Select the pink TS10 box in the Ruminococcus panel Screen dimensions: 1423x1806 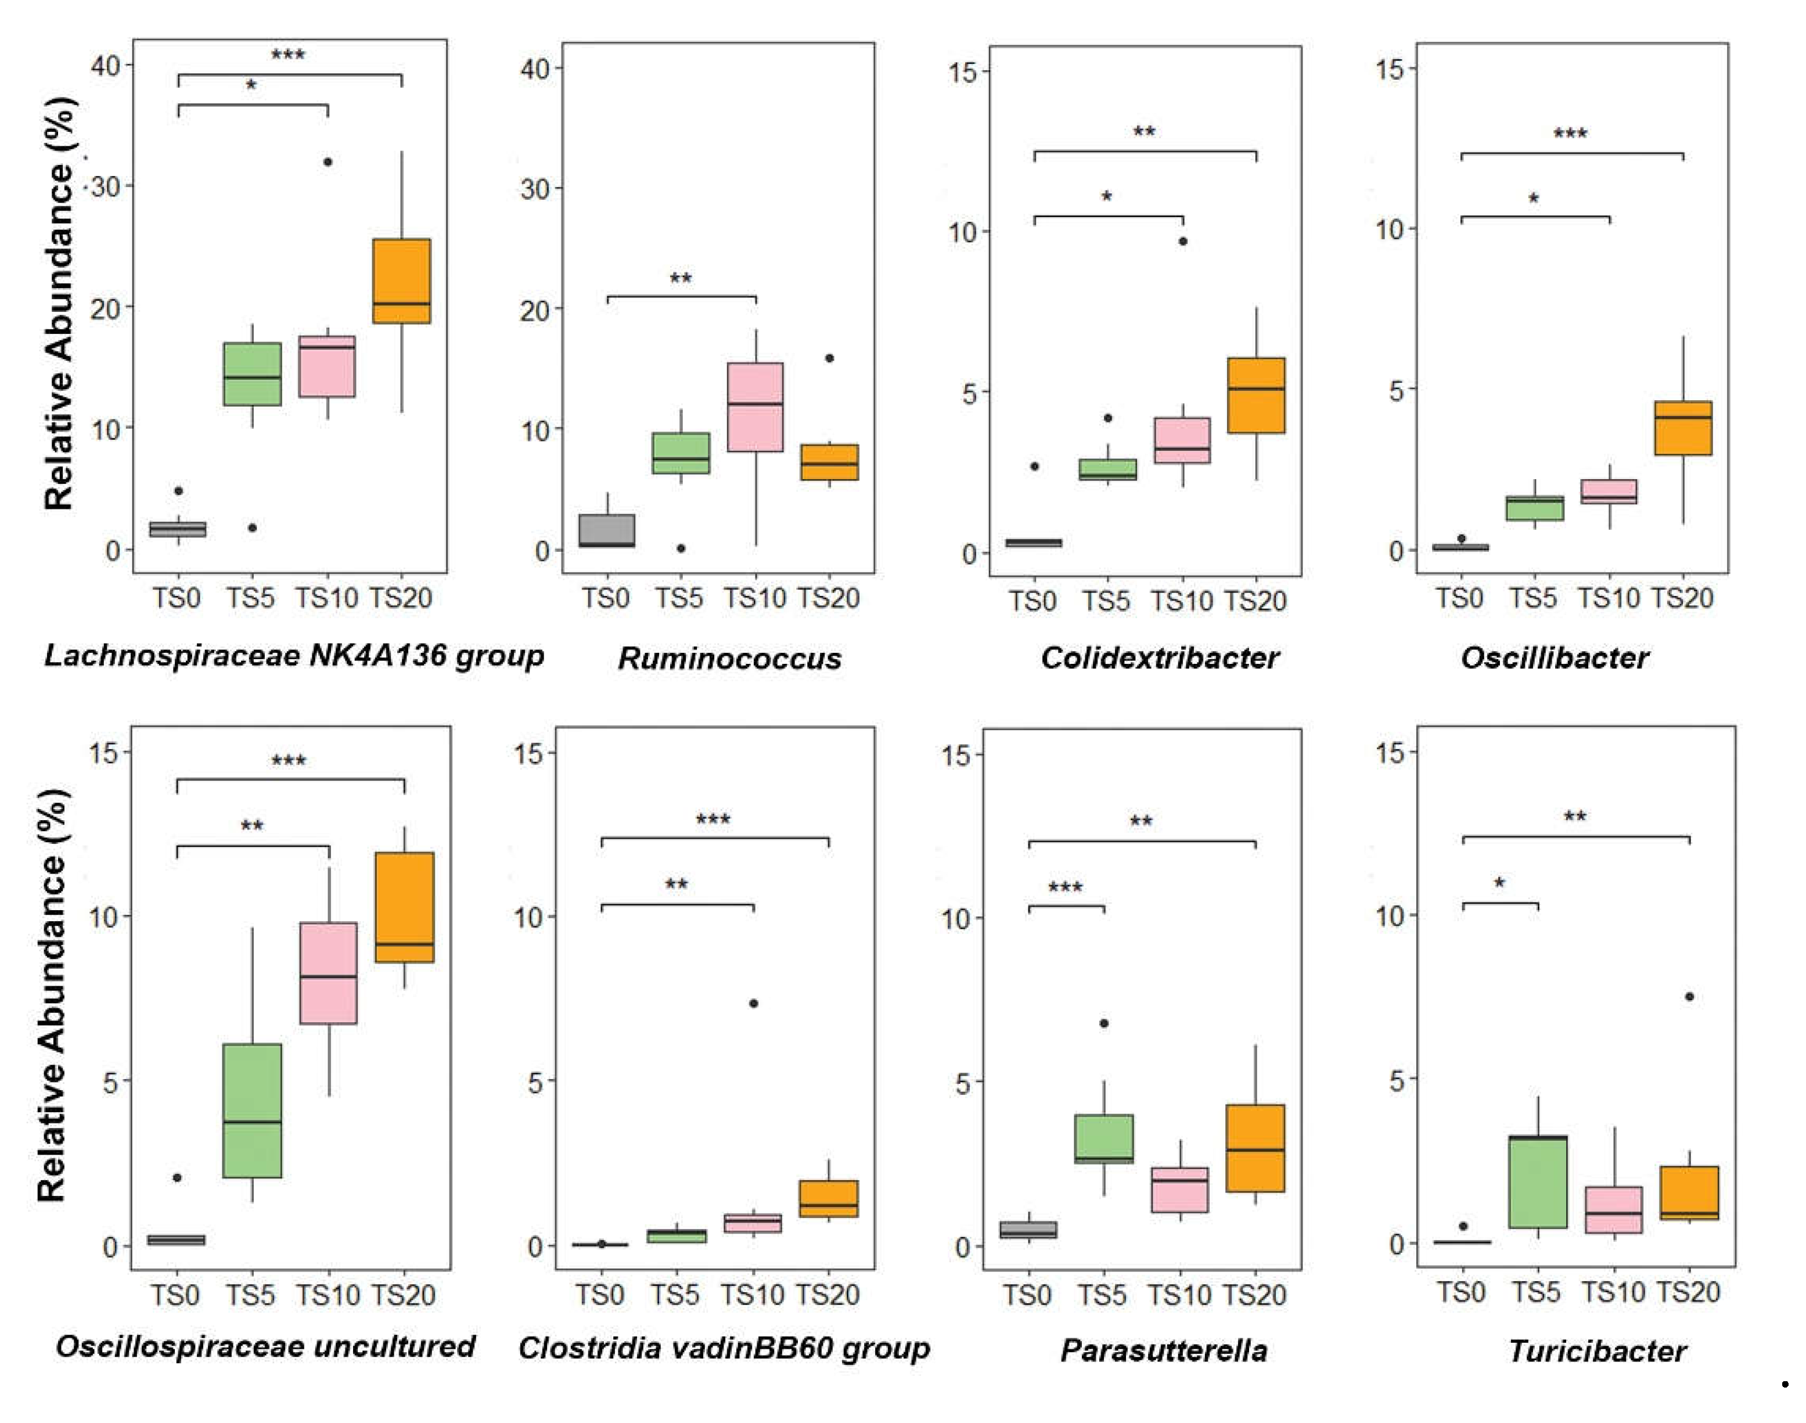(756, 407)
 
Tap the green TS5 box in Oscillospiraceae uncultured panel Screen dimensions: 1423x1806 (253, 1110)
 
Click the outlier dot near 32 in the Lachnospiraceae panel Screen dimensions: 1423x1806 (328, 161)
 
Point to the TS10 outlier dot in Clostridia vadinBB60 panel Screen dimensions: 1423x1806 (753, 1003)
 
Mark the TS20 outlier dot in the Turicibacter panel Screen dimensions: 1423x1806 (1689, 997)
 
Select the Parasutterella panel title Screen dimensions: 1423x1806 (1163, 1350)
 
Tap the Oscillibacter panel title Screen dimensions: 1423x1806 (1555, 657)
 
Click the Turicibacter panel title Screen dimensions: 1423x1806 (1597, 1350)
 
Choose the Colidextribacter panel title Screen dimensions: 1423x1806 (1160, 657)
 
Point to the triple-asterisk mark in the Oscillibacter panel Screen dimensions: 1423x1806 (1570, 134)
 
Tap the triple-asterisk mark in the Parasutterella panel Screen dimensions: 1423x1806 (1066, 888)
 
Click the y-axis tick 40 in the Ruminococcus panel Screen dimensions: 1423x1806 (537, 69)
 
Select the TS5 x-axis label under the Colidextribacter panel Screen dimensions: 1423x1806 (1106, 601)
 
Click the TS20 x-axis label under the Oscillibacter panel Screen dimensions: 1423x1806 (1682, 598)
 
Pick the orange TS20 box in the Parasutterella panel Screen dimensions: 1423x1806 (1255, 1148)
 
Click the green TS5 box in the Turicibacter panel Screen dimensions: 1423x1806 (1538, 1181)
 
